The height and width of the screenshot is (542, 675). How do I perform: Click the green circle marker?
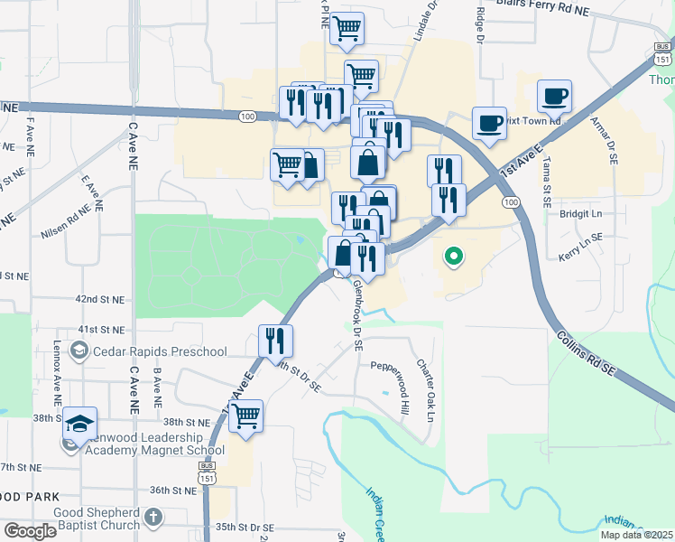click(x=454, y=257)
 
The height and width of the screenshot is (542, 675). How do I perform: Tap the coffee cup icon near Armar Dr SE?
click(x=554, y=95)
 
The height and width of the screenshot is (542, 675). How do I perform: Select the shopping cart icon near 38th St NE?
click(x=245, y=416)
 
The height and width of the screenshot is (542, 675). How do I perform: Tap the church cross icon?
click(x=153, y=518)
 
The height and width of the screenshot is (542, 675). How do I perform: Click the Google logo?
click(x=31, y=531)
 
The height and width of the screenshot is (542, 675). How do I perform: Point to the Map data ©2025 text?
click(x=635, y=535)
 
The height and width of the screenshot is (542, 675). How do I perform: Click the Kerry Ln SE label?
click(x=580, y=238)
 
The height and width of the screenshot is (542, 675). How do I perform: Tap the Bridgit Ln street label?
click(x=580, y=214)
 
